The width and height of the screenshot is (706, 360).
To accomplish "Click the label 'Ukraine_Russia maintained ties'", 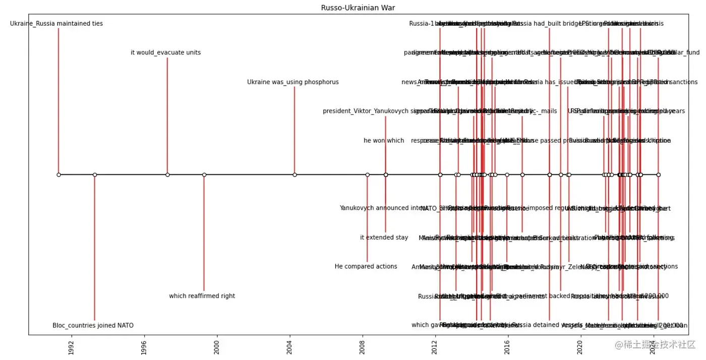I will [x=56, y=24].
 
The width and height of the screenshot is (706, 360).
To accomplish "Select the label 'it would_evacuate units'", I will [x=165, y=52].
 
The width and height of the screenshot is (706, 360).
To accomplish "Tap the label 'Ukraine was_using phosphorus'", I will [x=293, y=82].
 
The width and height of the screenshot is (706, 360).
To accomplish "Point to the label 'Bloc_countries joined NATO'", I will [x=93, y=326].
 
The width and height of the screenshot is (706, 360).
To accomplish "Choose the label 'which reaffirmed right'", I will [x=202, y=296].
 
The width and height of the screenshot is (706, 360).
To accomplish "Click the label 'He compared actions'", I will [x=366, y=267].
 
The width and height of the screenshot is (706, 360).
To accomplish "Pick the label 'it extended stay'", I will [x=384, y=237].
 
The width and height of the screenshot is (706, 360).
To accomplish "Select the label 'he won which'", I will [x=384, y=141].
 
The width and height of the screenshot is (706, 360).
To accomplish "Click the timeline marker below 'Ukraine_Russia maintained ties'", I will [x=58, y=175].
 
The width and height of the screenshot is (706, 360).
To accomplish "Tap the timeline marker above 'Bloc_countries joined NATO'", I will [x=95, y=175].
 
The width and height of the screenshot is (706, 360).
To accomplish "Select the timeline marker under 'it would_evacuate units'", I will [x=167, y=175].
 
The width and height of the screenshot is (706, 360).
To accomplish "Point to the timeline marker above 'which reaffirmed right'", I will [x=204, y=175].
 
